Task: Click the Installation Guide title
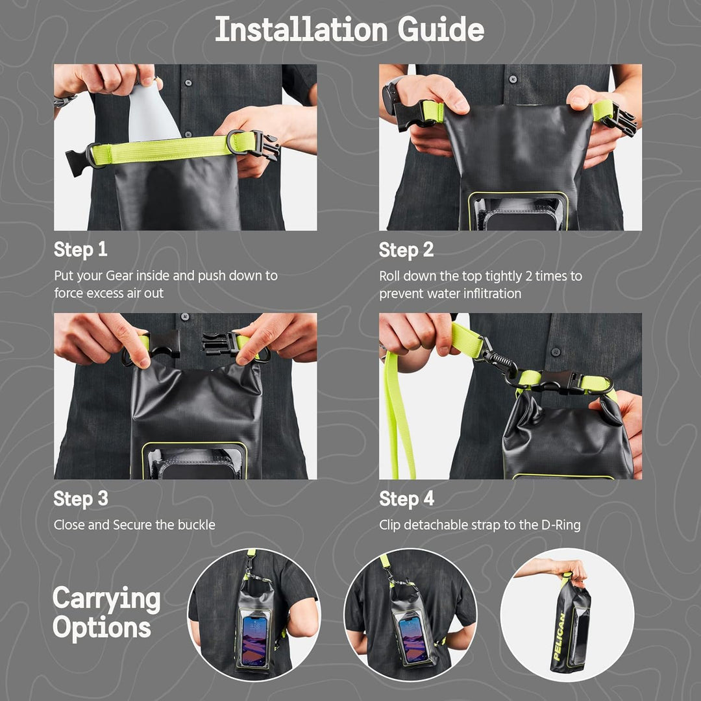pos(349,30)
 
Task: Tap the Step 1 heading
pos(80,250)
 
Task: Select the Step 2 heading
pos(406,250)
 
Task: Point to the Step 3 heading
pos(80,498)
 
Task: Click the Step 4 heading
pos(406,498)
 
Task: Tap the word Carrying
pos(106,599)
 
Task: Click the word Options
pos(102,628)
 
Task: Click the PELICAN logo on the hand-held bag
pos(559,637)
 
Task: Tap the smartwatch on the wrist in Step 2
pos(392,95)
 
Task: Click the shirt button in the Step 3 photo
pos(184,317)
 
